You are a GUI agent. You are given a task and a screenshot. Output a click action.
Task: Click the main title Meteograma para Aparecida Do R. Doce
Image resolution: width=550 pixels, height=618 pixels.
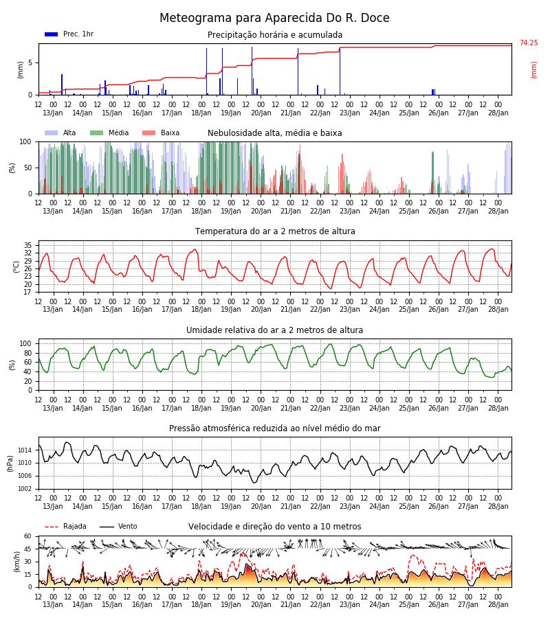coord(274,18)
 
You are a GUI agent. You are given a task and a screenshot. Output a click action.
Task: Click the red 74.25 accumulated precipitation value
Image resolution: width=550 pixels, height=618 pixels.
coord(529,43)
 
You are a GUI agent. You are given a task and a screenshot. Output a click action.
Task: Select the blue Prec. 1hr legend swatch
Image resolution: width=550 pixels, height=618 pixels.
coord(52,34)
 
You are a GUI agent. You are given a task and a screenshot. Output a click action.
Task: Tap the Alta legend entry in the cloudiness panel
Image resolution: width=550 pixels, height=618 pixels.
coord(60,133)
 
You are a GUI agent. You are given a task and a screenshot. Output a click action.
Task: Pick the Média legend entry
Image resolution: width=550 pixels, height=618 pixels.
coord(109,133)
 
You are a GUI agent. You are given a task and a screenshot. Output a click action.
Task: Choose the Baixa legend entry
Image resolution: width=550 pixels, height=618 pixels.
coord(161,133)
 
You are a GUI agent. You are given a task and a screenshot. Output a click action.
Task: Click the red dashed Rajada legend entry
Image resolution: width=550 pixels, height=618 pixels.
coord(65,527)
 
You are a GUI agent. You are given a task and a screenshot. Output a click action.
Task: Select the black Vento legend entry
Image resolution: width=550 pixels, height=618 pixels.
coord(118,527)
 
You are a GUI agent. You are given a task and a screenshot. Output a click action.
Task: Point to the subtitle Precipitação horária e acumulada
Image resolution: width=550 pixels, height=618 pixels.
coord(275,35)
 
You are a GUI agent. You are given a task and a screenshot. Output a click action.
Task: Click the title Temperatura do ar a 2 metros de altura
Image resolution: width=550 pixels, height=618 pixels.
coord(275,231)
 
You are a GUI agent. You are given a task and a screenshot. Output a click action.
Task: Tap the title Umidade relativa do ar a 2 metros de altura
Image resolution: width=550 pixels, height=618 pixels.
coord(274,330)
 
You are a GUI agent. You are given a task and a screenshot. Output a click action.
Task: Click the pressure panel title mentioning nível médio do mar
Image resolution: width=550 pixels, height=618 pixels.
coord(274,428)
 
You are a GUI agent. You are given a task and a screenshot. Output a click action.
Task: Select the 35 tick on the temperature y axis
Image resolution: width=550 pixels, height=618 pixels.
coord(27,245)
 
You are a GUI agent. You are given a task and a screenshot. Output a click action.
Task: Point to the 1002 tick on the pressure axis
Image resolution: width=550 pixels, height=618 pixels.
coord(25,489)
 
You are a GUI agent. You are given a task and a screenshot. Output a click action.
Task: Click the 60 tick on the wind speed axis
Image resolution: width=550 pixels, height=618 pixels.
coord(27,536)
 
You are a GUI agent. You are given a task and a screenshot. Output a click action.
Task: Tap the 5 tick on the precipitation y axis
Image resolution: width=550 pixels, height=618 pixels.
coord(30,62)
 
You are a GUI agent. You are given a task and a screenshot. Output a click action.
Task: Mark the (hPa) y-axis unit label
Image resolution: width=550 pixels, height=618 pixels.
coord(10,463)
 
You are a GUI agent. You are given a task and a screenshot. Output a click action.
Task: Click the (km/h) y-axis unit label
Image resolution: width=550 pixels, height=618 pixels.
coord(16,562)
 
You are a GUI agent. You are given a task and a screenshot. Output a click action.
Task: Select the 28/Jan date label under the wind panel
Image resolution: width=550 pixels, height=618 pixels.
coord(498,605)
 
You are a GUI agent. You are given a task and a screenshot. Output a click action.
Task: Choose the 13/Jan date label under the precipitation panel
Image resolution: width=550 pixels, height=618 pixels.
coord(53,113)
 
